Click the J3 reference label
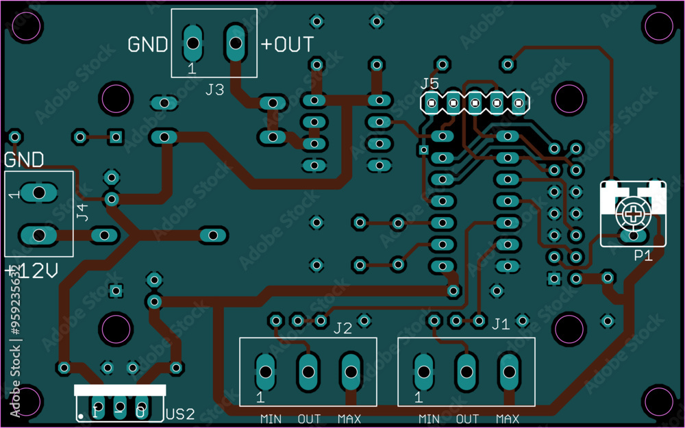pyautogui.click(x=214, y=89)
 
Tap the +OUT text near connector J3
pyautogui.click(x=287, y=45)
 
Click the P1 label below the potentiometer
pyautogui.click(x=643, y=255)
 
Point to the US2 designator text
pyautogui.click(x=180, y=414)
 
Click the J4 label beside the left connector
pyautogui.click(x=82, y=212)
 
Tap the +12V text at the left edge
pyautogui.click(x=31, y=272)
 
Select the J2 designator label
pyautogui.click(x=342, y=328)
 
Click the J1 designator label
pyautogui.click(x=501, y=323)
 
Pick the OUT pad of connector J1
pyautogui.click(x=466, y=372)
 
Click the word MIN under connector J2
pyautogui.click(x=271, y=418)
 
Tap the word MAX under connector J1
pyautogui.click(x=508, y=418)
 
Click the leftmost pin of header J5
pyautogui.click(x=432, y=104)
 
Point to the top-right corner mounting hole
pyautogui.click(x=660, y=26)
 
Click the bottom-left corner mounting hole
pyautogui.click(x=26, y=403)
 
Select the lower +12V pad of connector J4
pyautogui.click(x=38, y=235)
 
